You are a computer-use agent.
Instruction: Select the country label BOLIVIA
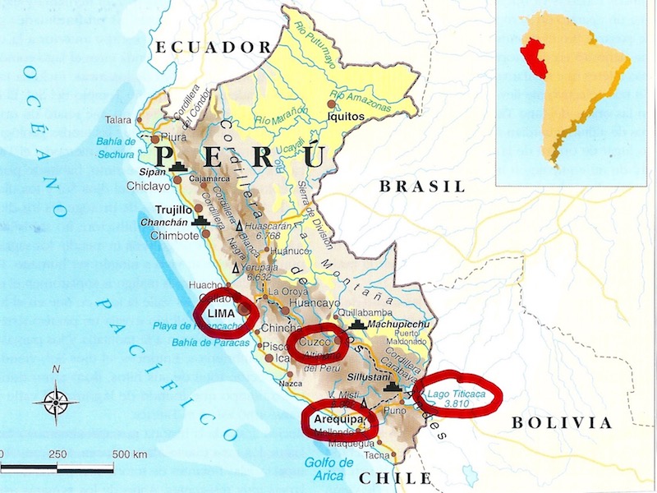pyautogui.click(x=562, y=423)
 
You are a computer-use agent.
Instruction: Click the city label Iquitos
pyautogui.click(x=345, y=117)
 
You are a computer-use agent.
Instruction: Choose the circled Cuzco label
pyautogui.click(x=317, y=340)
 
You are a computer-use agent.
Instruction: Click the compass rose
pyautogui.click(x=56, y=402)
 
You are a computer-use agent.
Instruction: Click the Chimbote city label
pyautogui.click(x=174, y=235)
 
